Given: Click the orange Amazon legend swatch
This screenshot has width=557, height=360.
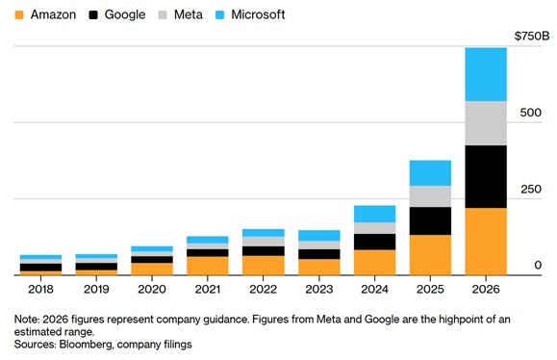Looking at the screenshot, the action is tap(19, 15).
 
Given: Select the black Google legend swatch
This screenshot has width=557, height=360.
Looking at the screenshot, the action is tap(93, 15).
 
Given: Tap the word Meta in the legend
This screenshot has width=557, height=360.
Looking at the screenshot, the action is tap(189, 14).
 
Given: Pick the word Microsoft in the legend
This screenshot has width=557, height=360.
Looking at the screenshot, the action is tap(258, 14).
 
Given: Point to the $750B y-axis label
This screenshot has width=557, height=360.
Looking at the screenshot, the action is tap(532, 36).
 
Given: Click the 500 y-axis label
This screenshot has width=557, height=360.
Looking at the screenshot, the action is tap(531, 113).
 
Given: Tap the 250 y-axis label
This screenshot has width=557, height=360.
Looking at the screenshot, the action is tap(531, 189).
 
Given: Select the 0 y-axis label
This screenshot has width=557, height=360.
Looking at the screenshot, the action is tap(538, 265).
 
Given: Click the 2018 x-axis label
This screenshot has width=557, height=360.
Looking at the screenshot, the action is tap(40, 289).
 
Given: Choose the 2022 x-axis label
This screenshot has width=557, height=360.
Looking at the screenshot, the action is tap(264, 289).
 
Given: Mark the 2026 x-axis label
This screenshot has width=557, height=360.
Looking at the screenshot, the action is tap(486, 289).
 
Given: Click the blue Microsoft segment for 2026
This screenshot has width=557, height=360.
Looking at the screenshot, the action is tap(486, 75).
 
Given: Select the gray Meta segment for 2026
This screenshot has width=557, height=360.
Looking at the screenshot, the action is tap(486, 123).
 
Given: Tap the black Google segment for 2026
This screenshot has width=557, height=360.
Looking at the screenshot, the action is tap(486, 176).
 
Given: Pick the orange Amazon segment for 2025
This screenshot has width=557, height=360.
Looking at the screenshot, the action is tap(430, 255).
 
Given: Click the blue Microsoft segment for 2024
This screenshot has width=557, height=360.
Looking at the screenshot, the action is tap(375, 214).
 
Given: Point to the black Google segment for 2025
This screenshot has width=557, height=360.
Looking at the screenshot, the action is tap(430, 221).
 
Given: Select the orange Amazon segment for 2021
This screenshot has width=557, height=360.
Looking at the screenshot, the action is tap(208, 266).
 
